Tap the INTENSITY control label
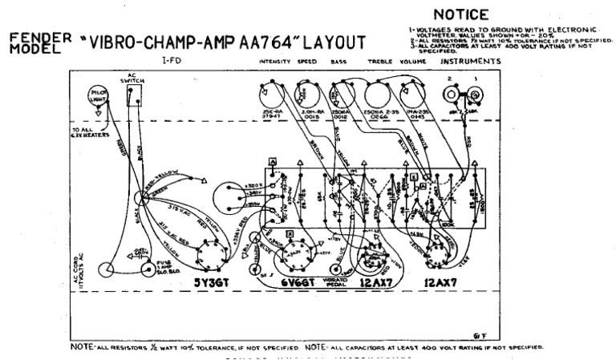tap(274, 61)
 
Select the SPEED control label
tap(306, 61)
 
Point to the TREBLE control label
tap(378, 61)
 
